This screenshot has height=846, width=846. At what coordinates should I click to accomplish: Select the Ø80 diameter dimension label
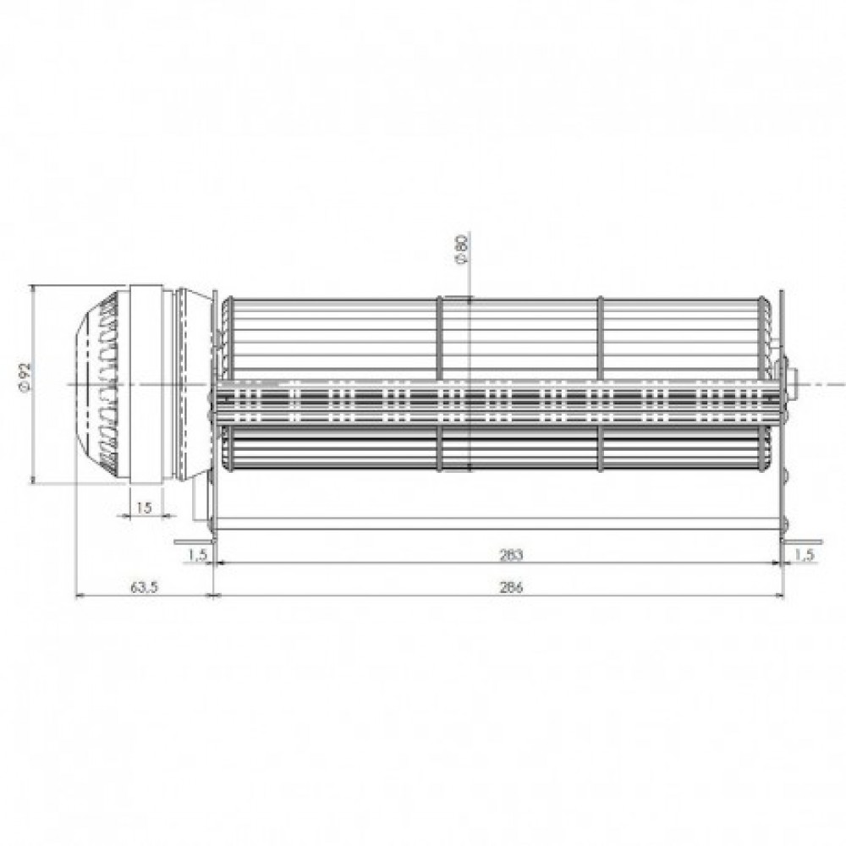coord(463,248)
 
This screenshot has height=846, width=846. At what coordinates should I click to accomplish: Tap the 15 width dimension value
coord(145,507)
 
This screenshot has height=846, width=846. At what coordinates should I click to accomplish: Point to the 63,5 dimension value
coord(144,587)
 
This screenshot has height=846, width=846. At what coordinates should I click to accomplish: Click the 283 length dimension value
coord(511,555)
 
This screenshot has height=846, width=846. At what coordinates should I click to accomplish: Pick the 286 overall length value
coord(511,587)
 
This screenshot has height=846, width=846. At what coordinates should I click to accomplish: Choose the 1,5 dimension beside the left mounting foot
coord(198,555)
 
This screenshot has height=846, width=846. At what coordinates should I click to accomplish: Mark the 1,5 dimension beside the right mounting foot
coord(804,555)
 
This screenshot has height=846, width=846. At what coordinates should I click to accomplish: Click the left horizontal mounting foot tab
coord(193,541)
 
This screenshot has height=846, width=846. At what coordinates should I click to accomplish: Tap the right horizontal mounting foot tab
coord(803,541)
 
